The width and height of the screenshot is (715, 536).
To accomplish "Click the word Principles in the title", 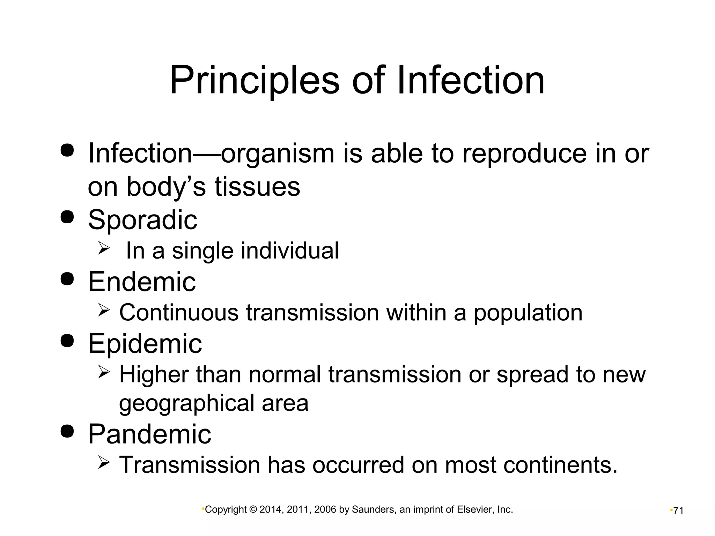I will point(254,81).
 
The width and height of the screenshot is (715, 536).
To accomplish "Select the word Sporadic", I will point(142,220).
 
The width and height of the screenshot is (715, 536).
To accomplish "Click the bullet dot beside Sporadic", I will point(67,217).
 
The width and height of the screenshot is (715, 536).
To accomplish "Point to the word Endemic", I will point(142,282).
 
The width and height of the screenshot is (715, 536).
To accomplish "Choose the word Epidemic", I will point(145,343).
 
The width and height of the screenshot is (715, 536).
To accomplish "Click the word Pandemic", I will point(149,434).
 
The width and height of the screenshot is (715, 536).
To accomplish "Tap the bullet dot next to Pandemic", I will point(67,431).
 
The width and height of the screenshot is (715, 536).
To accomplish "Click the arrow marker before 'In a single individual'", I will point(104,248).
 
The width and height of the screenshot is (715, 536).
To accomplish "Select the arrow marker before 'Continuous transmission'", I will point(104,309).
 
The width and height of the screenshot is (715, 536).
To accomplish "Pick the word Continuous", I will point(179,312).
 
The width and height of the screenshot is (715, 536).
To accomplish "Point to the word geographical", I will point(186,404).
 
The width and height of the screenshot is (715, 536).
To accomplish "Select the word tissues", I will point(257,187).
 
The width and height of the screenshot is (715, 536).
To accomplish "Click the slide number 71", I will point(678,511).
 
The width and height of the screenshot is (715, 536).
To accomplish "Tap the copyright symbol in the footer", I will point(253,510).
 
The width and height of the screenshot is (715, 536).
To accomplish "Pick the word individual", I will point(290,251).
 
